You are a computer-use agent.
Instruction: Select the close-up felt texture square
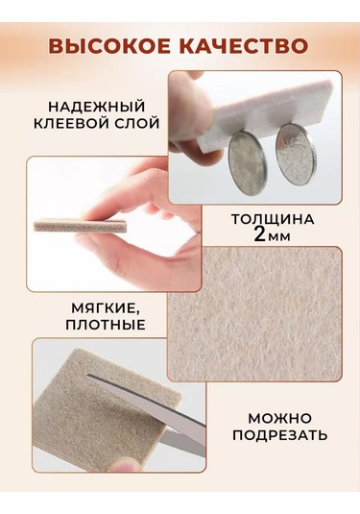click(253, 313)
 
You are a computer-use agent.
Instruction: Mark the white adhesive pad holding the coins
click(259, 101)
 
